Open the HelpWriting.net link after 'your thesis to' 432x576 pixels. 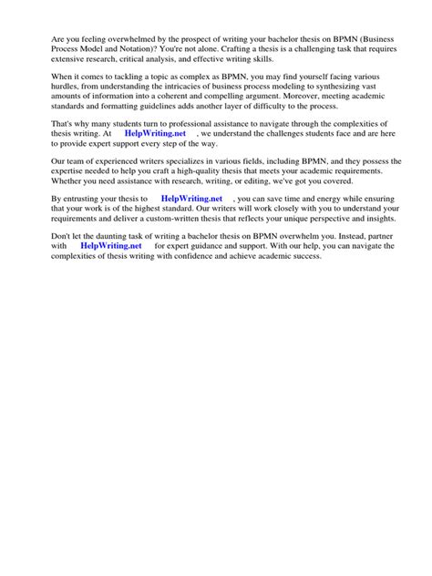coord(191,198)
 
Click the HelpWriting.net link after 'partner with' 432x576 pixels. coord(111,246)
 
